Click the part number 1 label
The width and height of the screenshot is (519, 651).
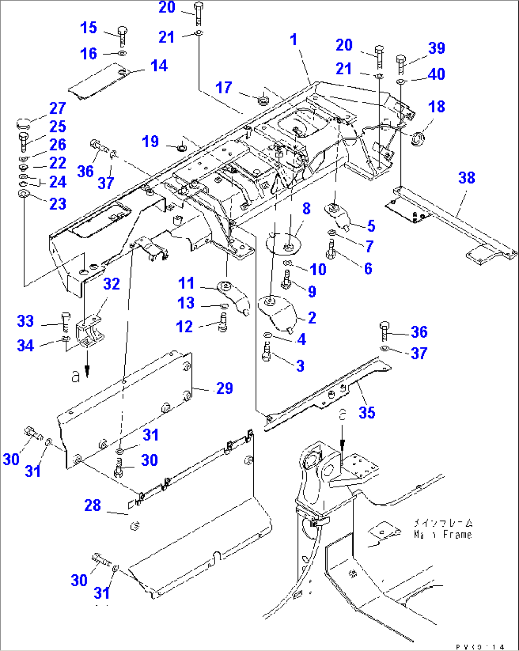294,40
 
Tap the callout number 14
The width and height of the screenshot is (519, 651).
159,66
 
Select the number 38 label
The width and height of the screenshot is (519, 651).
466,178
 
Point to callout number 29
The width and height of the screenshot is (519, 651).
224,388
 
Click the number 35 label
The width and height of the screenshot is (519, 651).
367,412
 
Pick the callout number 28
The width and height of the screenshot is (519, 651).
92,505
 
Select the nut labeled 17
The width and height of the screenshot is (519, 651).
262,100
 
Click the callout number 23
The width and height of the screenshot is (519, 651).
58,204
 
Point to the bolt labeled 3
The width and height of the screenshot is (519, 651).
267,354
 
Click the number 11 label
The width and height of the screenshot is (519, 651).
186,283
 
